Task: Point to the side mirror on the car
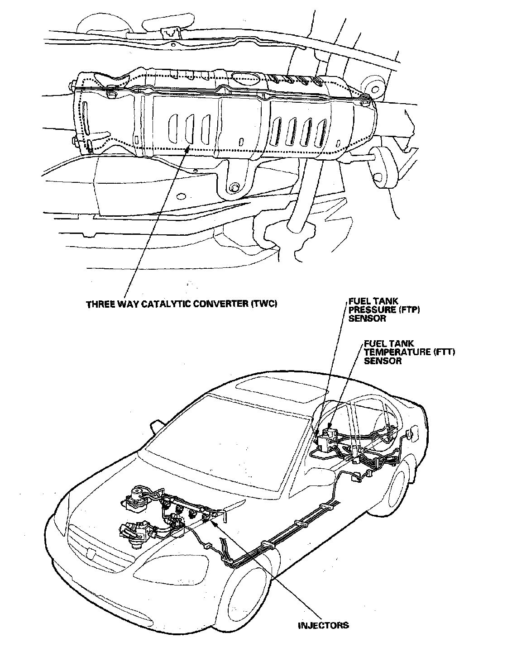tap(155, 426)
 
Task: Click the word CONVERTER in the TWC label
tap(222, 304)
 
